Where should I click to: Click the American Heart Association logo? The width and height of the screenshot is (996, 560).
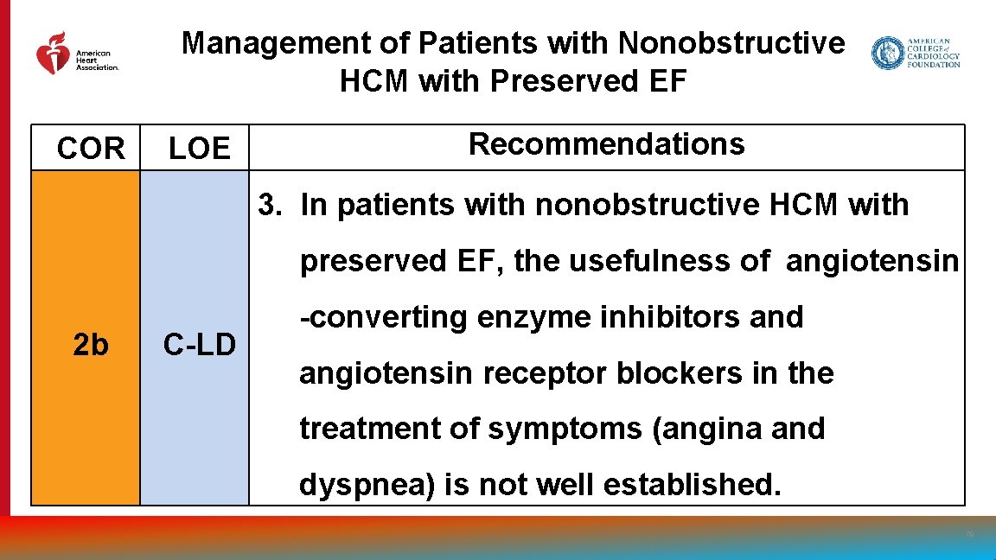76,54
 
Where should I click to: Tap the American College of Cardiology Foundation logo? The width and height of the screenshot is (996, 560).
916,53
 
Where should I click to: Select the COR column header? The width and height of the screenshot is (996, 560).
91,150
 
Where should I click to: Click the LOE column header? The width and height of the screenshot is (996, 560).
199,150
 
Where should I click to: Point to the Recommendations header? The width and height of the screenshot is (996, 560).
606,144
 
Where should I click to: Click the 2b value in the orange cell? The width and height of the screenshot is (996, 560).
91,345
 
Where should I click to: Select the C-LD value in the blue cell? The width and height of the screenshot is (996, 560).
199,345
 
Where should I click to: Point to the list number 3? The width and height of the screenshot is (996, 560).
271,206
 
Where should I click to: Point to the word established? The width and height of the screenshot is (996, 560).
692,485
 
